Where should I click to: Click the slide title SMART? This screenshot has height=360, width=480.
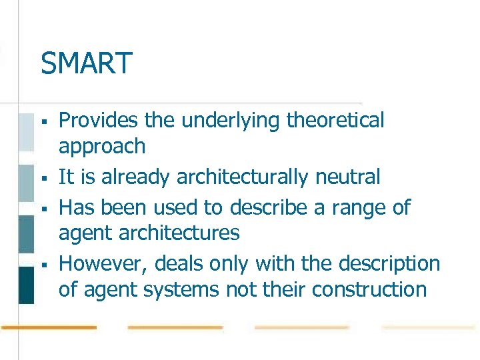point(86,64)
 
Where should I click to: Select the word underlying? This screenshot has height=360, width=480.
point(225,121)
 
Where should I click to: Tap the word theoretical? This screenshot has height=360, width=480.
point(335,121)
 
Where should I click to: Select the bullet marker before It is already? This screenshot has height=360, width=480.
point(43,179)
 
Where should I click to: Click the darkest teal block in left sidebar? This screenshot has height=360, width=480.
point(25,285)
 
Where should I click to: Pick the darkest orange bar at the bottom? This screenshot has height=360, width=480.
point(48,327)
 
